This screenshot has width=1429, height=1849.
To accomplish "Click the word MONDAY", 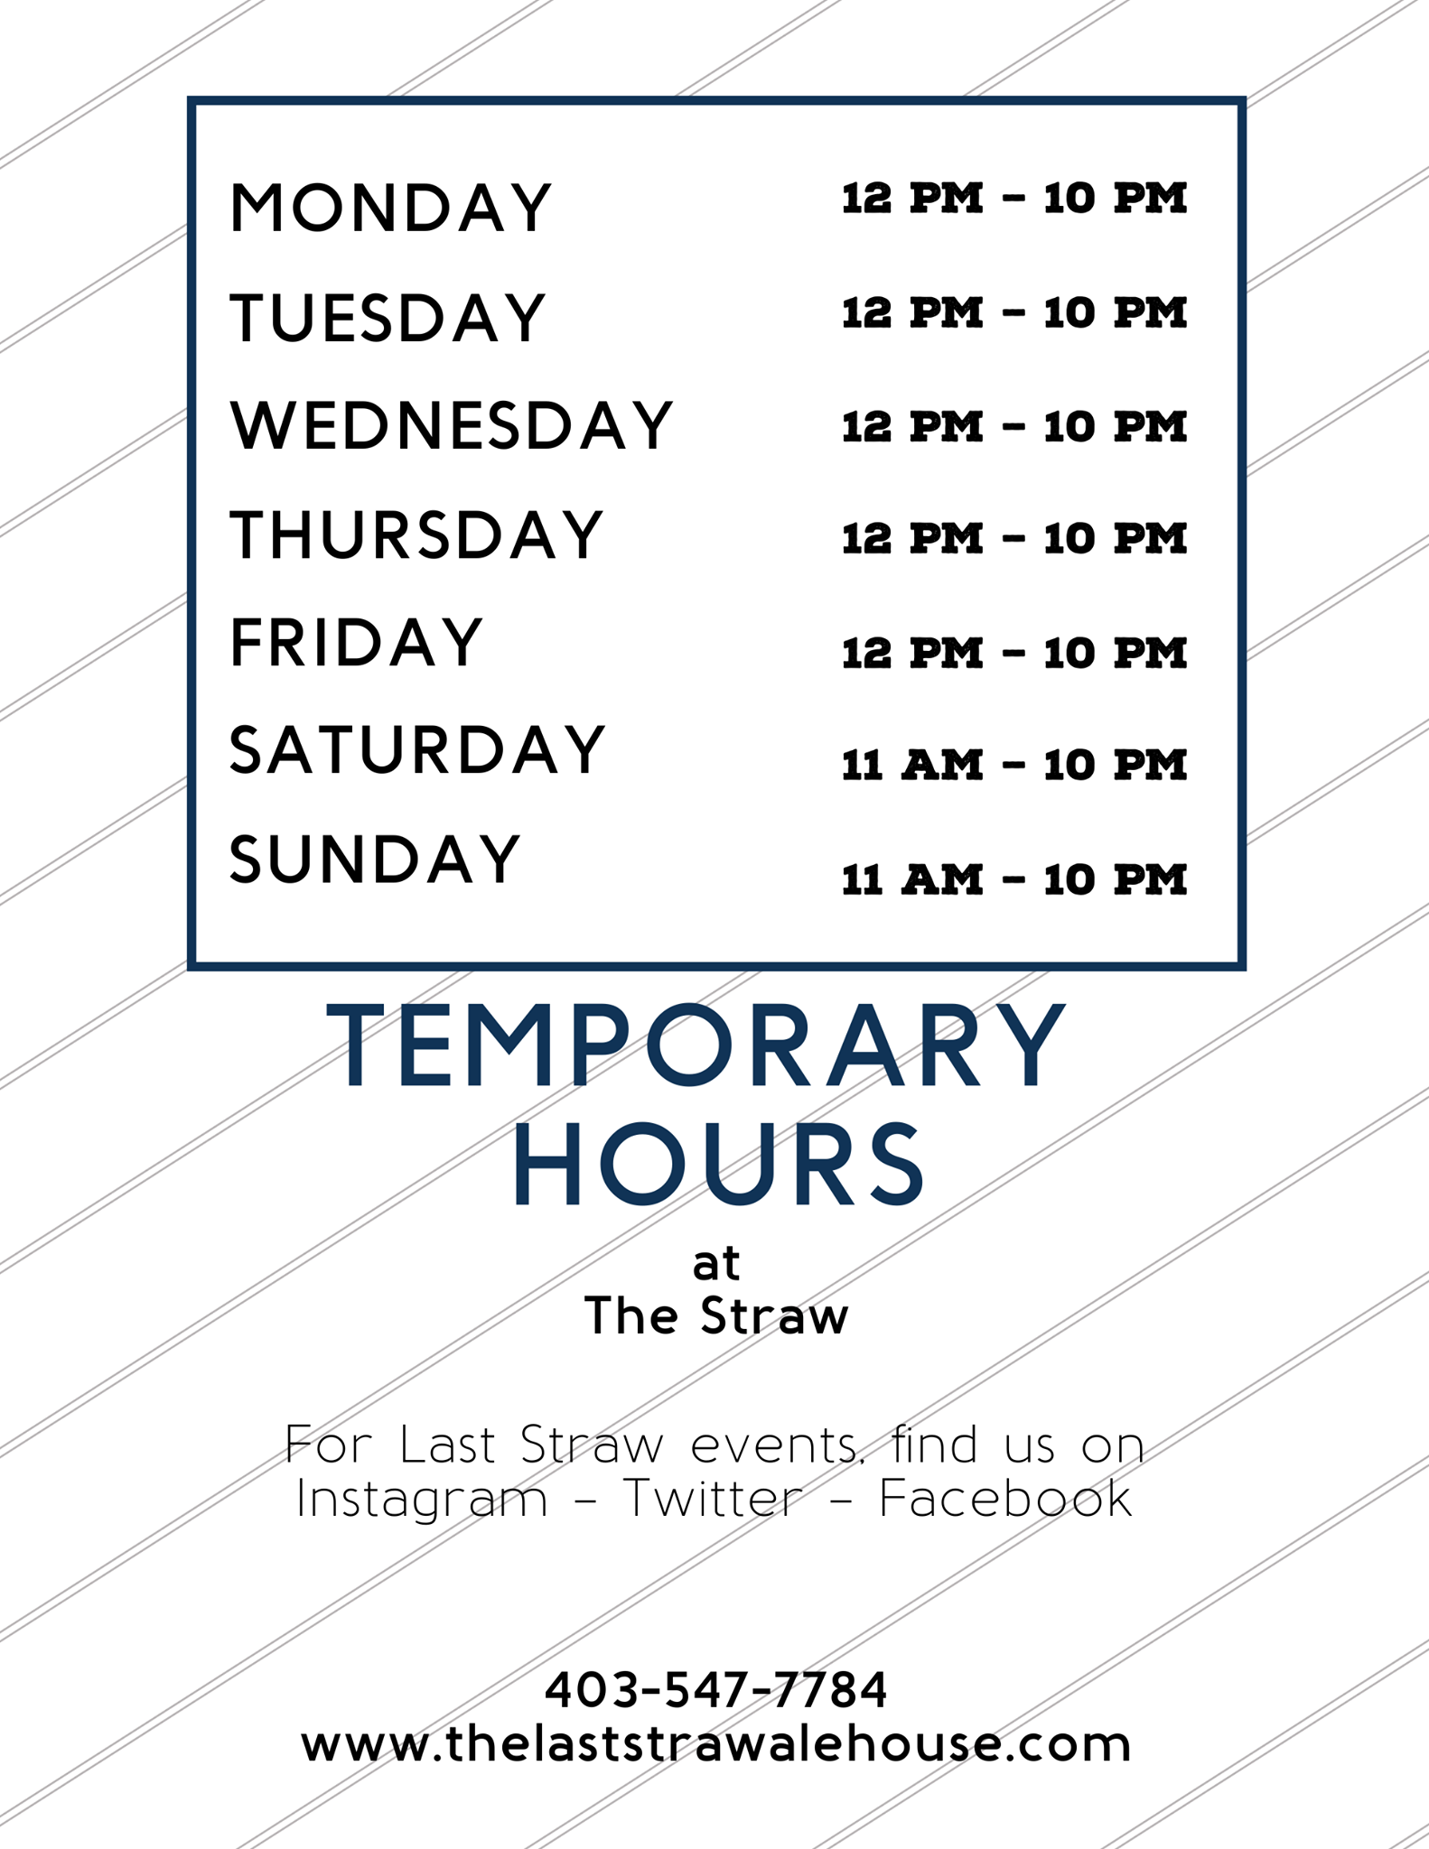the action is pos(390,209).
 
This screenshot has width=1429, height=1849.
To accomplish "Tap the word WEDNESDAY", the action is pos(452,425).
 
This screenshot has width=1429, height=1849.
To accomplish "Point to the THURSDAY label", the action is pos(416,534).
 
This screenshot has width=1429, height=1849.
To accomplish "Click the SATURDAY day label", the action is pos(417,750).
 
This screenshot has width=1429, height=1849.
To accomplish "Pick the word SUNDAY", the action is pos(376,859).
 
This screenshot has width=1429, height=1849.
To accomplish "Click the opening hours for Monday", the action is pos(1013,199).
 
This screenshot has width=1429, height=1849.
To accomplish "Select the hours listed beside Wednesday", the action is pos(1013,427).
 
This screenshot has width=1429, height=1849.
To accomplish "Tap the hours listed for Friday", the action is pos(1013,653).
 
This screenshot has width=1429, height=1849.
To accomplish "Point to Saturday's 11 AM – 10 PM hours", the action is pos(1013,766).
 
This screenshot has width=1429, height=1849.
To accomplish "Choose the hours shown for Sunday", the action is pos(1013,879).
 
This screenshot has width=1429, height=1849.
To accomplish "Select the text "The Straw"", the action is pos(716,1315).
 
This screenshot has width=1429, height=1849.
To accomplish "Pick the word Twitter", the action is pos(713,1500).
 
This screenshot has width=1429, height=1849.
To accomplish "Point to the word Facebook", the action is pos(1005,1500).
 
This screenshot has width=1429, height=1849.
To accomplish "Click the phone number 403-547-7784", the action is pos(716,1690).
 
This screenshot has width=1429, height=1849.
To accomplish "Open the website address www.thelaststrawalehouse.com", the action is pos(716,1744).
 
